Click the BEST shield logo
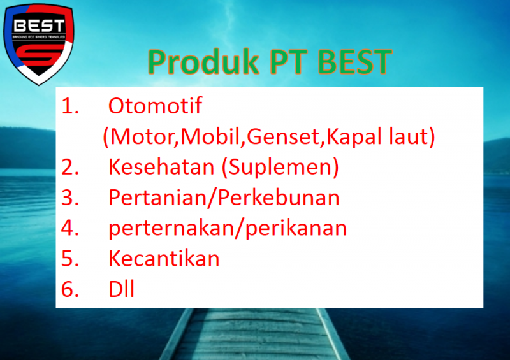click(38, 44)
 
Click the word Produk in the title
click(203, 62)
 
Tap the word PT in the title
click(289, 62)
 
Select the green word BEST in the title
click(354, 62)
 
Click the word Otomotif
click(155, 106)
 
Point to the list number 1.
click(70, 106)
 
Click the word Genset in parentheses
click(283, 136)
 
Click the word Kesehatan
click(161, 167)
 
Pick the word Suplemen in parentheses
click(280, 168)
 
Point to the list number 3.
click(70, 198)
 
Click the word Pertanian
click(157, 198)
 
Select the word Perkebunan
click(279, 198)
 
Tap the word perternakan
click(172, 228)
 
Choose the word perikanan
click(296, 228)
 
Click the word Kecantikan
click(164, 259)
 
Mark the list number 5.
click(70, 259)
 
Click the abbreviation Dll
click(121, 289)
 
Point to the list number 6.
click(70, 289)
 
